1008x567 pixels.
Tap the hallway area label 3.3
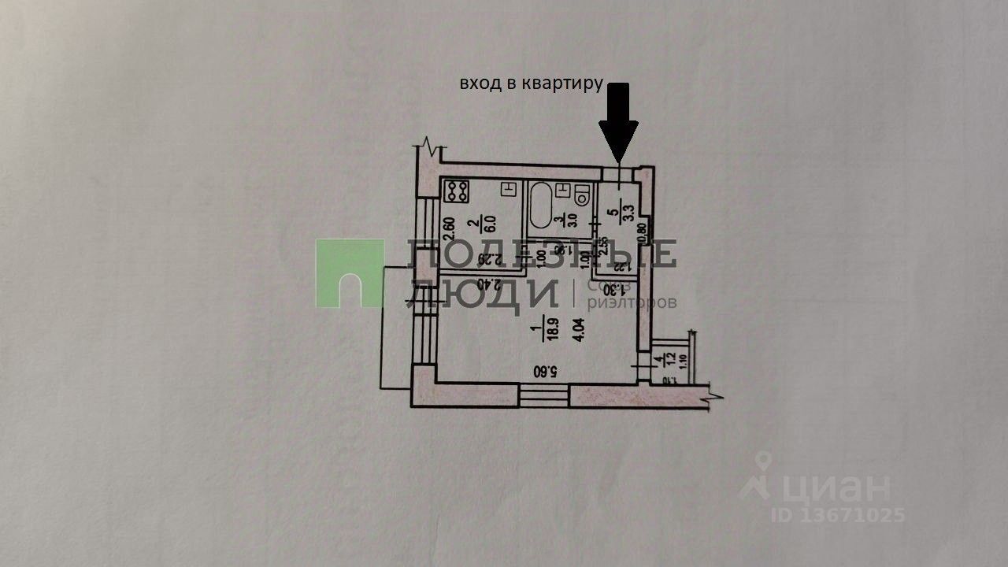(x=628, y=213)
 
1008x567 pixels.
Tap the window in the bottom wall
(x=543, y=394)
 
